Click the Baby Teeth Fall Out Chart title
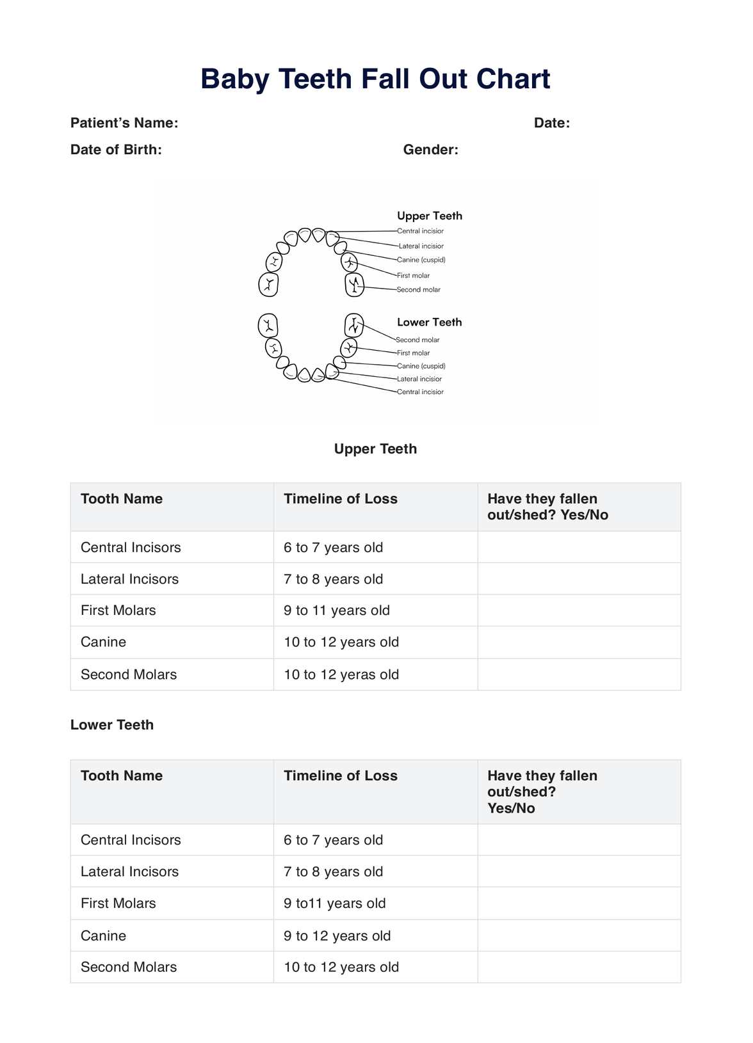[375, 79]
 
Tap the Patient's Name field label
[124, 123]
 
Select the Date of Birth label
[116, 150]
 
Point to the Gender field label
[430, 150]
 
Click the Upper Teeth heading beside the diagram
[429, 216]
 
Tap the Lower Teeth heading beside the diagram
[429, 322]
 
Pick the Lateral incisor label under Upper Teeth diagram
[421, 246]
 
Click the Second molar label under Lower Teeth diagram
[417, 340]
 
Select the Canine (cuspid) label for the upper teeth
[421, 260]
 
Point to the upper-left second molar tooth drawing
[269, 284]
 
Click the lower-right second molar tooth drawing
[354, 325]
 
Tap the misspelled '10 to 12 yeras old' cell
[341, 674]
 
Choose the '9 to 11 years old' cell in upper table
[337, 610]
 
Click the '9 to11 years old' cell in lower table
[335, 904]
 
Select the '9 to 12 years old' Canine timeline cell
[337, 936]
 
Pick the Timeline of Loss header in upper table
[341, 499]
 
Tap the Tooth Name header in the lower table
[122, 776]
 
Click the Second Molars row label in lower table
[129, 967]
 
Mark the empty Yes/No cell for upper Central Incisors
[579, 547]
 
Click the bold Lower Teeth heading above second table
[112, 725]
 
